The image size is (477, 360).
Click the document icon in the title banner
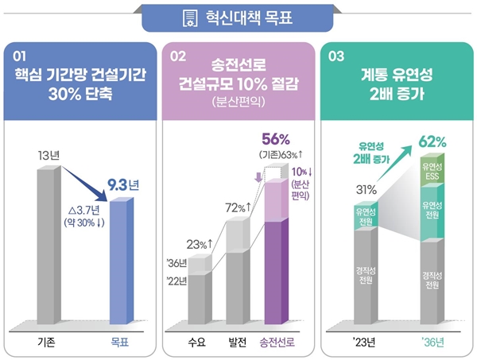(189, 17)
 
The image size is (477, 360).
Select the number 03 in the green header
(335, 56)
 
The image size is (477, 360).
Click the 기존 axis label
(47, 343)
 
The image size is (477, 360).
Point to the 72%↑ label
(238, 208)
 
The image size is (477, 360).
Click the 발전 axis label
(237, 343)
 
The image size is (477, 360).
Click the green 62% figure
(432, 142)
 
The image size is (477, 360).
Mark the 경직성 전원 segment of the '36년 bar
(430, 279)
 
